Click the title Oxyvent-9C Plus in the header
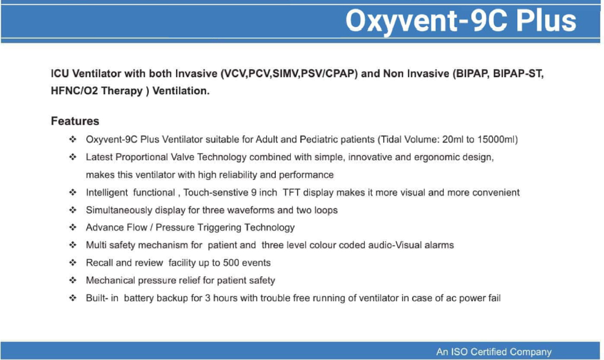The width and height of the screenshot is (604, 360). coord(460,21)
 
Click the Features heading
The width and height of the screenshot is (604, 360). coord(75,121)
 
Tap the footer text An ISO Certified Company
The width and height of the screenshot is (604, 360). coord(494,352)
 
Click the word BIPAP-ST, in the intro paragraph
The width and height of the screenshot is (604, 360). coord(518,73)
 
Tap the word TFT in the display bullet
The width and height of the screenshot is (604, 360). coord(291,192)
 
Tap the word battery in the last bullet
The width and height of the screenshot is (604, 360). coord(139,298)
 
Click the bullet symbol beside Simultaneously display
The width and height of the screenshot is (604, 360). coord(73,209)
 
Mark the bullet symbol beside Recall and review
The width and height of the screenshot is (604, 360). coord(73,262)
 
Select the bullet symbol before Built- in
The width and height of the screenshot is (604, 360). coord(73,298)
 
